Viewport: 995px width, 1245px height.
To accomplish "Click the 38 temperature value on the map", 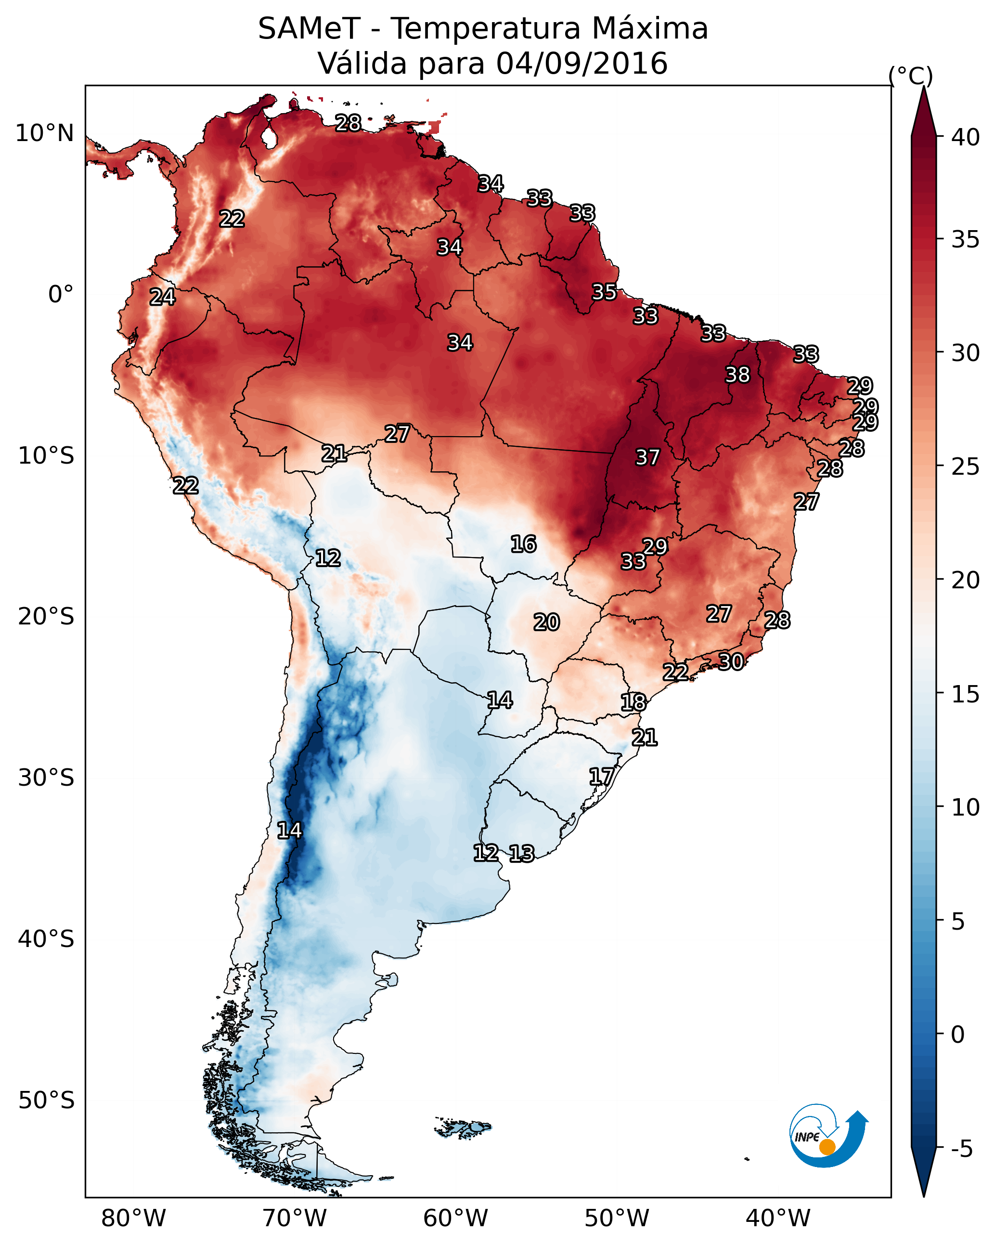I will coord(737,375).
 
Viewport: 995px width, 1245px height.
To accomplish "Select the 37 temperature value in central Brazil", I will coord(647,457).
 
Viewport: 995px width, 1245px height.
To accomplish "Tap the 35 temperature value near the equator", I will coord(604,292).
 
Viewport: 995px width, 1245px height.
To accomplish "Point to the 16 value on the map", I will coord(523,544).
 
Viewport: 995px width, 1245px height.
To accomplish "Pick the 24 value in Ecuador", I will coord(162,297).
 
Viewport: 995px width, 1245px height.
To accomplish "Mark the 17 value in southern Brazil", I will coord(601,777).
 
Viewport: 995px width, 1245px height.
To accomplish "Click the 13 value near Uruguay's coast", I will coord(521,854).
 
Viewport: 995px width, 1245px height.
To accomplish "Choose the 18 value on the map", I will coord(633,702).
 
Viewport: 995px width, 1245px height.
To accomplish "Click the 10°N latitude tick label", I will coord(44,133).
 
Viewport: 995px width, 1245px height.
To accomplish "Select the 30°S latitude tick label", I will coord(46,778).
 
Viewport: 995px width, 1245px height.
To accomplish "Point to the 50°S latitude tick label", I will coord(46,1100).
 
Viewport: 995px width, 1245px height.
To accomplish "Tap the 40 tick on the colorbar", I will coord(966,137).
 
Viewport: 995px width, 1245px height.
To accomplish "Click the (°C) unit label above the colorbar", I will coord(910,76).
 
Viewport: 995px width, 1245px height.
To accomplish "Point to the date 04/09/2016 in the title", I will coord(581,64).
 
